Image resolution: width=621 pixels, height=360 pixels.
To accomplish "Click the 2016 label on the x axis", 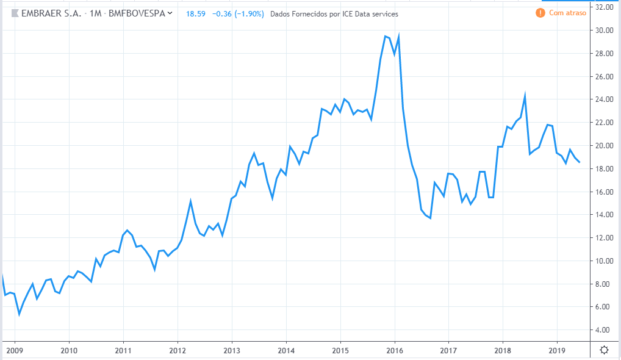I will (x=394, y=350).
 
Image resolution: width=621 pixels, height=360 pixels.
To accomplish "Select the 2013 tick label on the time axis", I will (x=231, y=350).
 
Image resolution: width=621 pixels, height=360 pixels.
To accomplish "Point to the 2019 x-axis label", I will (x=556, y=350).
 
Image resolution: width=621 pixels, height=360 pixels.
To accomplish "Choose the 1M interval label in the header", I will (x=95, y=13).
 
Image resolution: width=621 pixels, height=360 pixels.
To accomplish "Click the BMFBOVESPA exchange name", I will (x=136, y=13).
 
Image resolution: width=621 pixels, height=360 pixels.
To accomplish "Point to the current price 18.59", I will (x=196, y=13).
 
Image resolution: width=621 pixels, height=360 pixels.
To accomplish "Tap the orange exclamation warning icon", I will (x=540, y=13).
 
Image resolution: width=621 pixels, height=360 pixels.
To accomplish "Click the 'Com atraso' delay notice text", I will (x=567, y=13).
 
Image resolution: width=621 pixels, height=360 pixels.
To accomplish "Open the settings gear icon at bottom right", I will (x=604, y=350).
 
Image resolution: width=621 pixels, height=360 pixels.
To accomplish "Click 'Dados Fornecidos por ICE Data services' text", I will (x=334, y=13).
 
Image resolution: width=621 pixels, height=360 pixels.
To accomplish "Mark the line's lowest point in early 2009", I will (x=19, y=314).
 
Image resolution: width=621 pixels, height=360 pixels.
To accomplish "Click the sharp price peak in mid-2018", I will (x=525, y=95).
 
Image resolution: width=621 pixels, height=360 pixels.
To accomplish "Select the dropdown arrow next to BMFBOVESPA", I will (x=170, y=13).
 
